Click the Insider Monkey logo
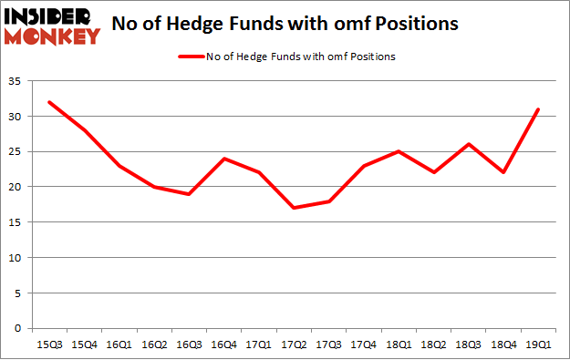pyautogui.click(x=53, y=26)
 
